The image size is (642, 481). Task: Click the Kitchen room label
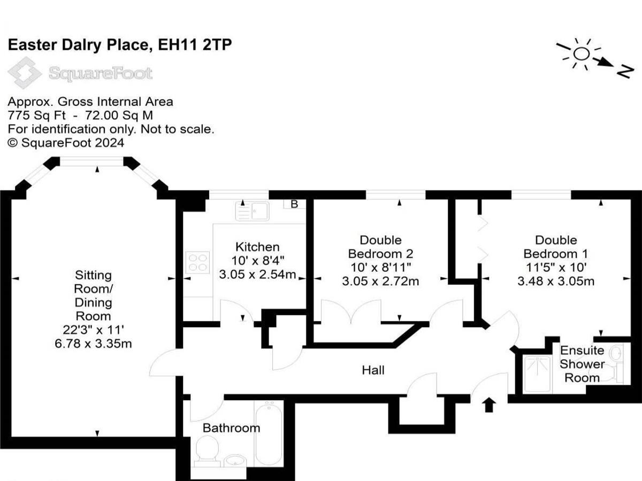coord(257,247)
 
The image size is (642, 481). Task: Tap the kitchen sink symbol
coord(252,211)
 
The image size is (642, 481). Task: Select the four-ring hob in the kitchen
coord(198,262)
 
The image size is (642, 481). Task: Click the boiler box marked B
coord(294,204)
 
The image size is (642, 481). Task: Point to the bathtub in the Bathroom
coord(269,433)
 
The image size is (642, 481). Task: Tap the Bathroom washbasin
coord(235,461)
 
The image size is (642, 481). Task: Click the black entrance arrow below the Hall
coord(489,405)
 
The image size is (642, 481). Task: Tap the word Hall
coord(373,370)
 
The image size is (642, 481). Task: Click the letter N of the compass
coord(625,72)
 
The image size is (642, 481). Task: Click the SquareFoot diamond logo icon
coord(25,73)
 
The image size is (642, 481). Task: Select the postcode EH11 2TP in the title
coord(195,45)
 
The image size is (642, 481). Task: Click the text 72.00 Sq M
coord(119,115)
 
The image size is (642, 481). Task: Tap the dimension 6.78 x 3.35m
coord(93,344)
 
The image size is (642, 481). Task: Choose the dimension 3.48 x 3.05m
coord(556,281)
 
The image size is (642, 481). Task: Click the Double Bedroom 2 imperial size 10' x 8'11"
coord(380,267)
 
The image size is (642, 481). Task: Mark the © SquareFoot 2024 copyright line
coord(66,143)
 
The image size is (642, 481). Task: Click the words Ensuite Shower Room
coord(582,364)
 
